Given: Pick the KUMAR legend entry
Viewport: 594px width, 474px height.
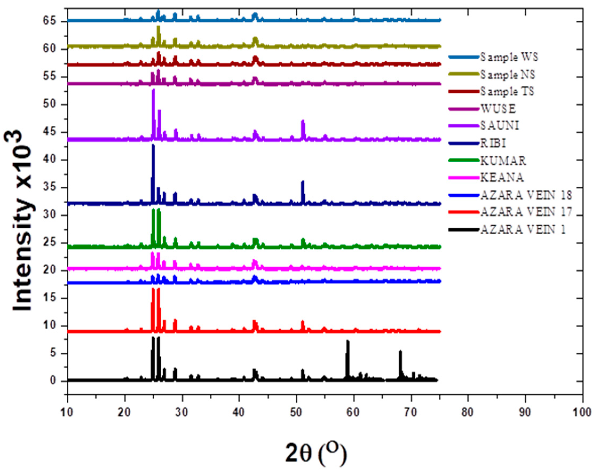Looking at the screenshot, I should click(503, 161).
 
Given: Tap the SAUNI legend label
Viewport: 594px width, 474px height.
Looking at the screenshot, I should click(500, 126).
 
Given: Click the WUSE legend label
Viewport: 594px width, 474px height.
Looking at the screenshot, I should click(498, 109).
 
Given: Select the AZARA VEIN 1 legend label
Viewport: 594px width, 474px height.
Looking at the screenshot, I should click(523, 229).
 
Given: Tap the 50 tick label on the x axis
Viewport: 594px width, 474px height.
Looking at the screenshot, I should click(296, 413).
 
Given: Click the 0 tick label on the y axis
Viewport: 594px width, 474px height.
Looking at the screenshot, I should click(53, 381).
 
